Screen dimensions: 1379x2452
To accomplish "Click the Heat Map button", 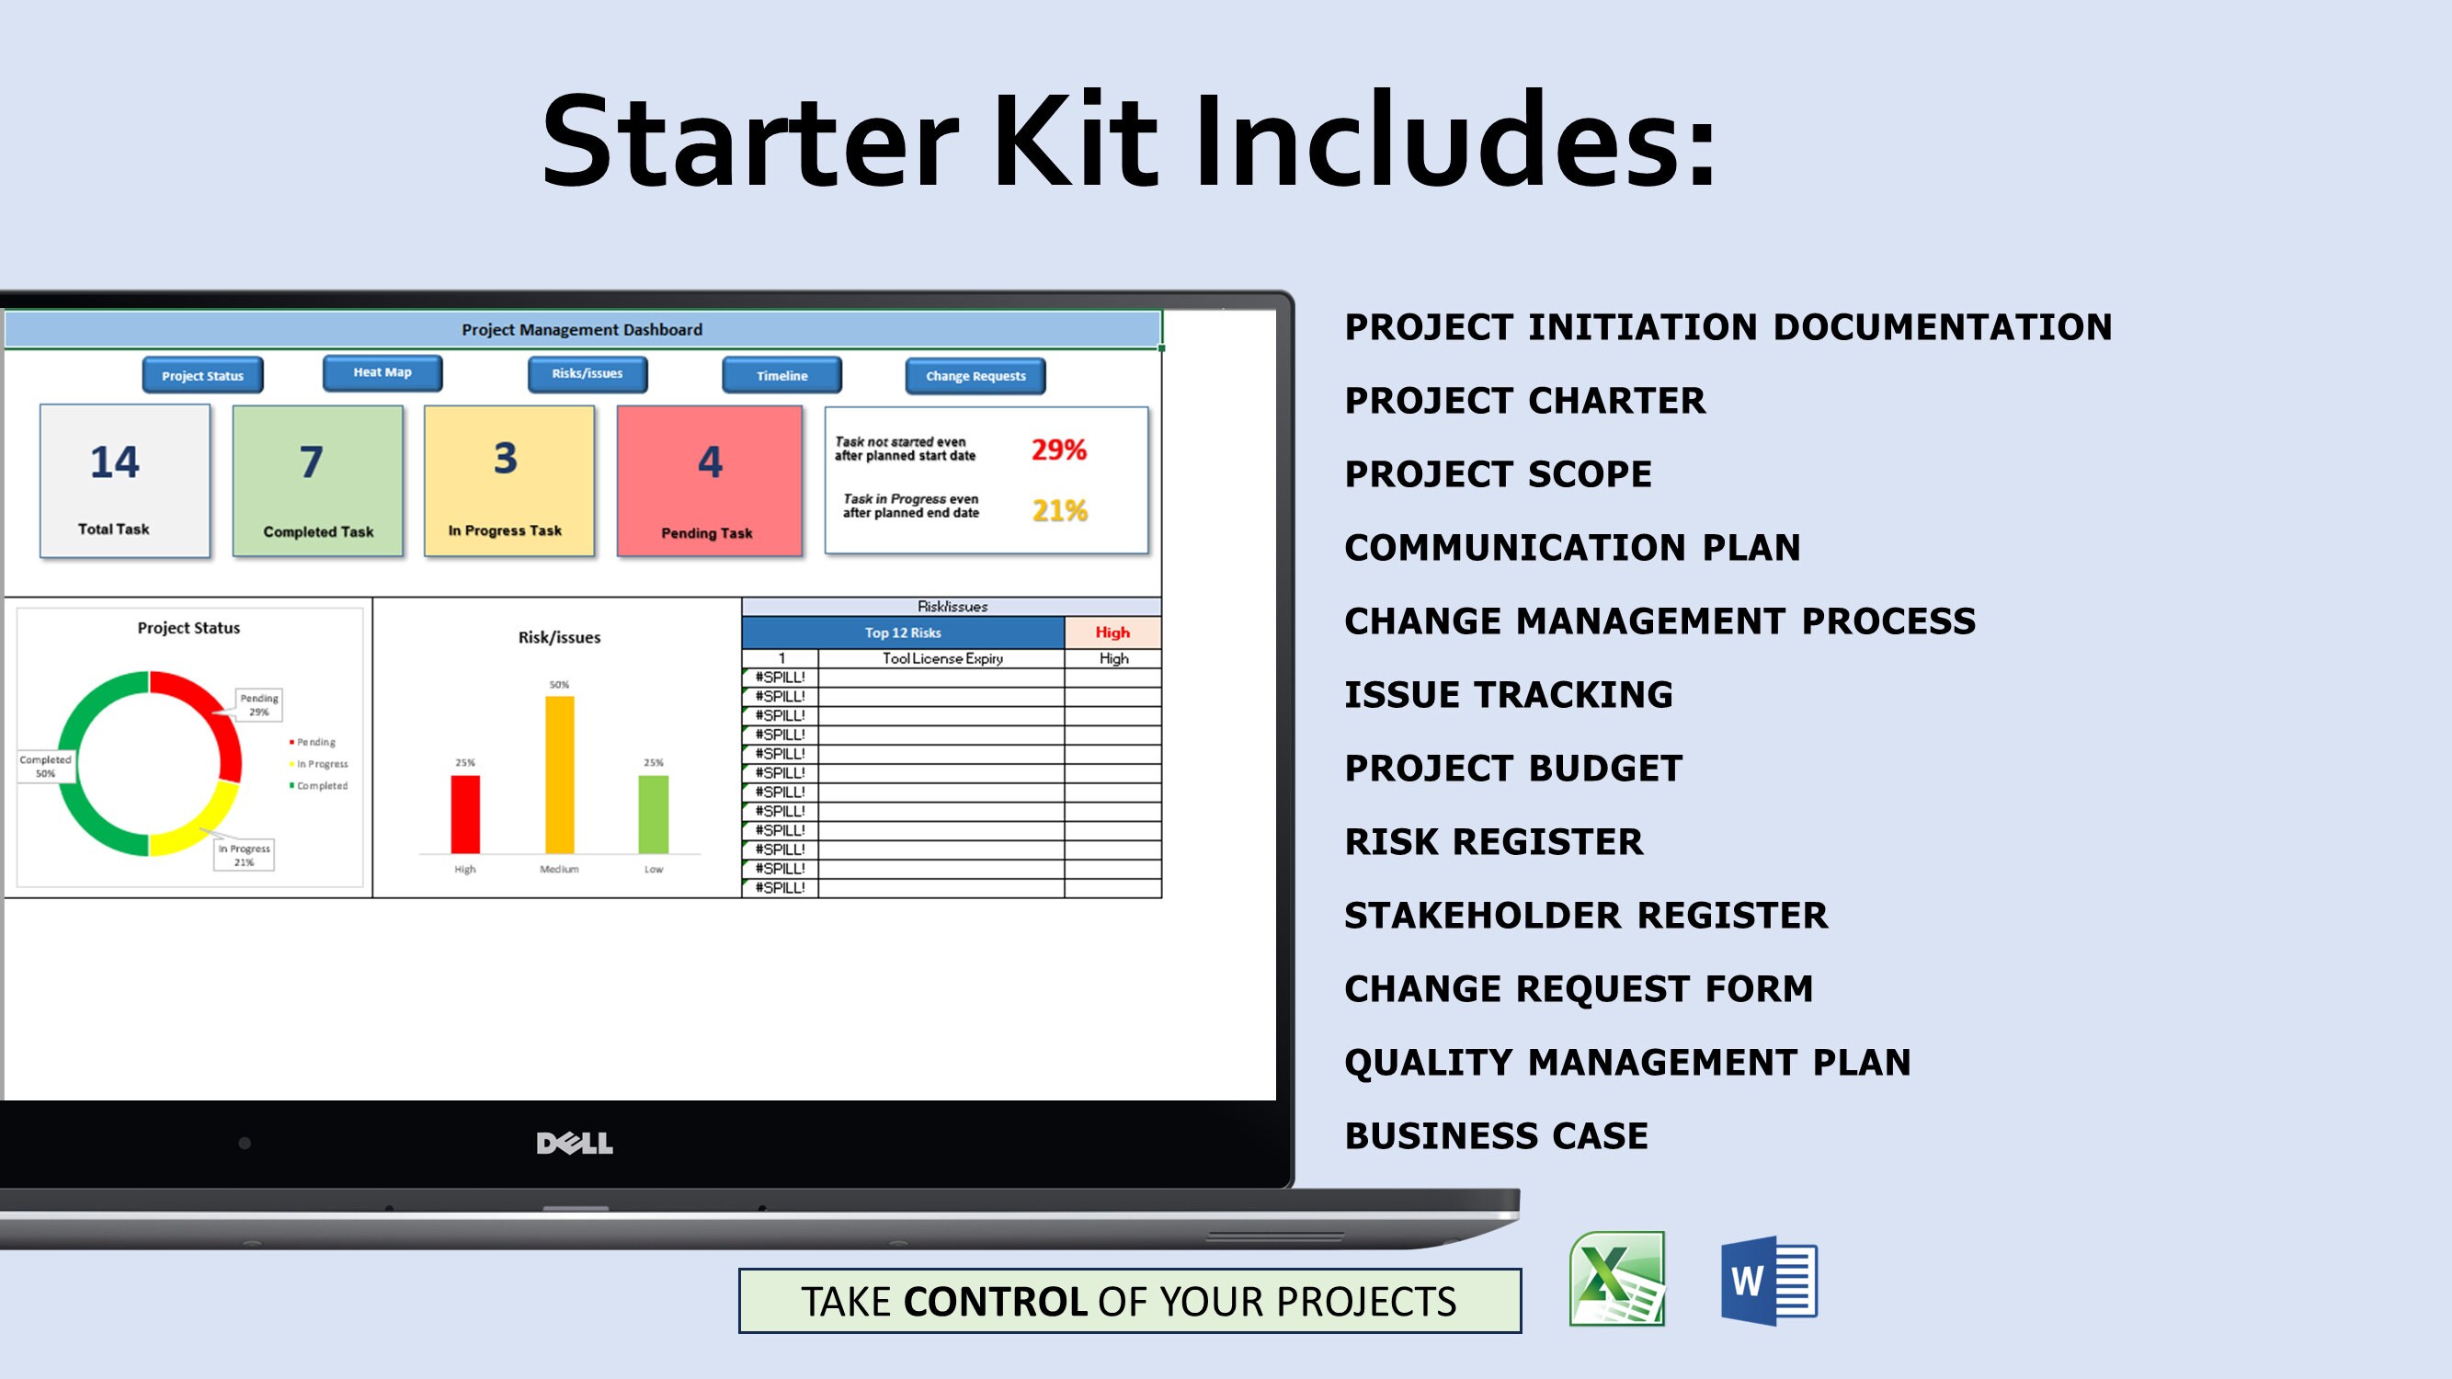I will point(382,373).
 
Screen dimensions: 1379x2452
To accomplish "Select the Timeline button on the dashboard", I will point(781,376).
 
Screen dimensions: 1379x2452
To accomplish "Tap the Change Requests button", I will point(975,376).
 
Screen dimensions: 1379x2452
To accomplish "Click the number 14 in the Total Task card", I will point(114,462).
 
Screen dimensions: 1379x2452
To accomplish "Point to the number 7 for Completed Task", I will point(312,462).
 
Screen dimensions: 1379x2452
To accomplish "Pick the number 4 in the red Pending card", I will point(710,462).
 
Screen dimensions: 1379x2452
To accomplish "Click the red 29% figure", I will point(1058,450).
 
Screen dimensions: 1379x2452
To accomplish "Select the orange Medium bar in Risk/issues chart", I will point(560,775).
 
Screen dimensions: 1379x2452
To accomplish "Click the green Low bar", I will point(653,815).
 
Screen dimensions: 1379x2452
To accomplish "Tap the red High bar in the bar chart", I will point(464,815).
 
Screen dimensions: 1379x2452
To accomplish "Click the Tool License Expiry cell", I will point(941,658).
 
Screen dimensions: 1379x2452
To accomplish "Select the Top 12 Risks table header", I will point(902,633).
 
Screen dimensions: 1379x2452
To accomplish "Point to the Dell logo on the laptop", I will point(574,1143).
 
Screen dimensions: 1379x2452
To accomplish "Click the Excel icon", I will point(1616,1279).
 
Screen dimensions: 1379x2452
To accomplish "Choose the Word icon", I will point(1769,1281).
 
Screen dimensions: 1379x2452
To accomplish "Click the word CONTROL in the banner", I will point(995,1302).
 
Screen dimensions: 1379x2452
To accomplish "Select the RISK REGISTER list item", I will point(1493,842).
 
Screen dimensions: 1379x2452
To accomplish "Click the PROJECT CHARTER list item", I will point(1524,401).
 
